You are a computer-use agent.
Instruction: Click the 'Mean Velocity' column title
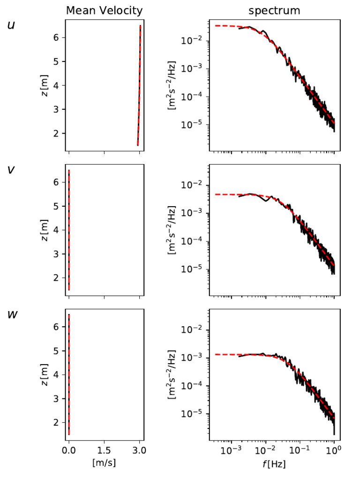click(x=104, y=10)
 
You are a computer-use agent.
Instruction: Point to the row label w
click(x=12, y=314)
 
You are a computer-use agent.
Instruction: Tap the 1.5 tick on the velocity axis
click(x=104, y=450)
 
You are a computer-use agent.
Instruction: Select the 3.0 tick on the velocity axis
click(x=139, y=450)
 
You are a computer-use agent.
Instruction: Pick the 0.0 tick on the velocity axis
click(x=69, y=450)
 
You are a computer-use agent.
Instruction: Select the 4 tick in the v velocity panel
click(x=56, y=230)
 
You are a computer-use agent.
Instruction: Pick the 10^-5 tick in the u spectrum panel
click(x=193, y=125)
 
